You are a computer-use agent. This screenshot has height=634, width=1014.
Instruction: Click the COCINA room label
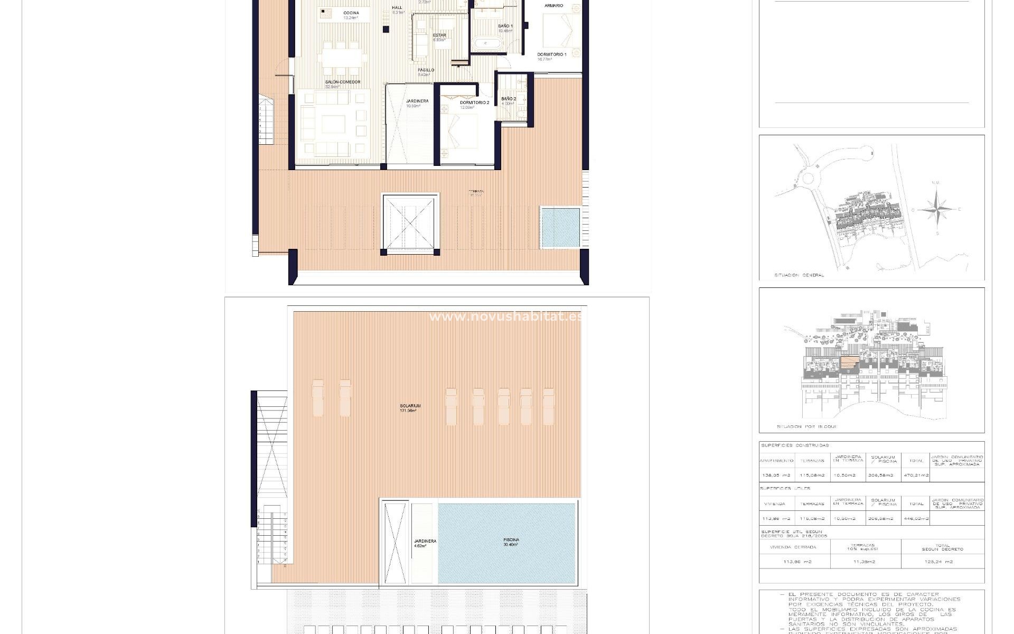[x=351, y=13]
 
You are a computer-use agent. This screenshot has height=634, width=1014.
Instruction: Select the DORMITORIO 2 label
[x=474, y=102]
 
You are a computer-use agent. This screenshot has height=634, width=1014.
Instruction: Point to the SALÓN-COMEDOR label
[x=342, y=82]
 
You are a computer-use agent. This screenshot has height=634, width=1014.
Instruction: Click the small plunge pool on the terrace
[x=560, y=227]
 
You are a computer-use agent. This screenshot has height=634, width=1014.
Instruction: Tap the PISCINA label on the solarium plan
[x=511, y=540]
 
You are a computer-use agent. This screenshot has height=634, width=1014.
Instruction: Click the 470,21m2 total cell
[x=916, y=475]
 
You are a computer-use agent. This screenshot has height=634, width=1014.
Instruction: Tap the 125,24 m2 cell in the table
[x=942, y=562]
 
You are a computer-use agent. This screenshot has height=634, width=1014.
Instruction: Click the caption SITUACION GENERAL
[x=799, y=275]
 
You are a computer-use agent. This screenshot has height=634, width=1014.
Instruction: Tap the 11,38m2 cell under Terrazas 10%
[x=865, y=562]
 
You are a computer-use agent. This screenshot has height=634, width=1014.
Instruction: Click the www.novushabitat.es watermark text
[x=506, y=316]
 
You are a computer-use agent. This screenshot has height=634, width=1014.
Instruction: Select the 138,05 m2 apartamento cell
[x=776, y=475]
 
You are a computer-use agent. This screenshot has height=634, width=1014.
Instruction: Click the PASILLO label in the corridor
[x=426, y=70]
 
